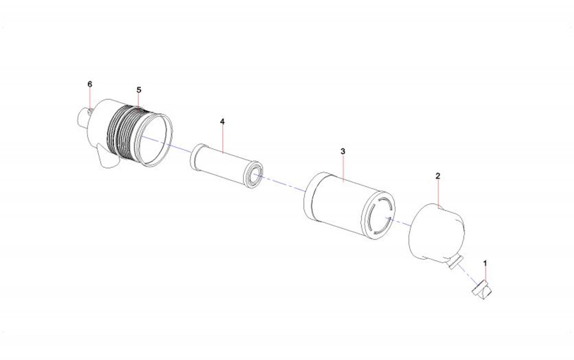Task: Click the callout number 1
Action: pos(485,263)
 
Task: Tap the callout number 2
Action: pos(438,176)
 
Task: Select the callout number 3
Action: pos(343,151)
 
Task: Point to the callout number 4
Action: pos(222,121)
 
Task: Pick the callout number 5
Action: pos(139,90)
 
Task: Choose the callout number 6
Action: pos(90,84)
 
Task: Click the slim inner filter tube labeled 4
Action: pos(227,165)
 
